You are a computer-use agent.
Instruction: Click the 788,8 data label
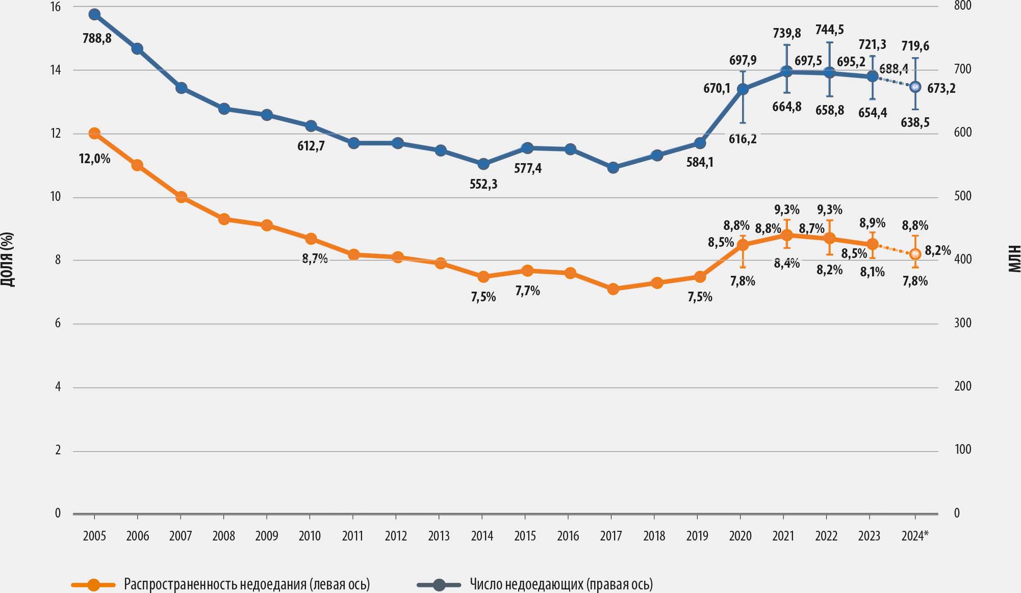coord(97,38)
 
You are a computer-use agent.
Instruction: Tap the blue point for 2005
coord(94,14)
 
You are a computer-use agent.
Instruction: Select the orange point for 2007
coord(181,197)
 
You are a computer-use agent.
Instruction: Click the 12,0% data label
coord(94,159)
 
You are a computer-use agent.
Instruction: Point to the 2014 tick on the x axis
coord(482,536)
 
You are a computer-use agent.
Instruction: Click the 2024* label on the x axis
coord(915,536)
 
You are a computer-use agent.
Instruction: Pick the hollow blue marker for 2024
coord(915,87)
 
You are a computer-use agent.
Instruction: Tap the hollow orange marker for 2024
coord(915,253)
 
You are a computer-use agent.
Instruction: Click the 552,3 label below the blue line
coord(483,184)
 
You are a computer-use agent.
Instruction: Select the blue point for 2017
coord(614,167)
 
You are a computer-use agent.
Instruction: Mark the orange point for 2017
coord(614,289)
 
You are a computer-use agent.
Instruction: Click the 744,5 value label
coord(830,30)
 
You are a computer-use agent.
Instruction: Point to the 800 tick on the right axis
coord(962,6)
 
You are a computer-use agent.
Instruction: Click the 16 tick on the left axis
coord(55,7)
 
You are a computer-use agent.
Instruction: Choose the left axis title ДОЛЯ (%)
coord(7,260)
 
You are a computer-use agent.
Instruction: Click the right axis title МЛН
coord(1014,259)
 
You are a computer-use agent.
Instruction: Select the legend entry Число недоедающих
coord(561,584)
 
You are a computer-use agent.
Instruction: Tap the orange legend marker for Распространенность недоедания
coord(93,585)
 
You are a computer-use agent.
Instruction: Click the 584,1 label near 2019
coord(700,163)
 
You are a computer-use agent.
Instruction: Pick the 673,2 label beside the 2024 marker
coord(941,89)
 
